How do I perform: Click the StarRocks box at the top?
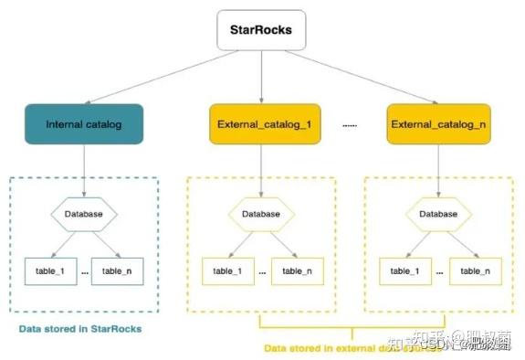point(262,30)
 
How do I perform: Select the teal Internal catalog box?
point(85,122)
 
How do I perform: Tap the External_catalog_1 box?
point(261,122)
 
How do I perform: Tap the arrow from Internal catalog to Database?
point(85,170)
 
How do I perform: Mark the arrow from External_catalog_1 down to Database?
point(261,170)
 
